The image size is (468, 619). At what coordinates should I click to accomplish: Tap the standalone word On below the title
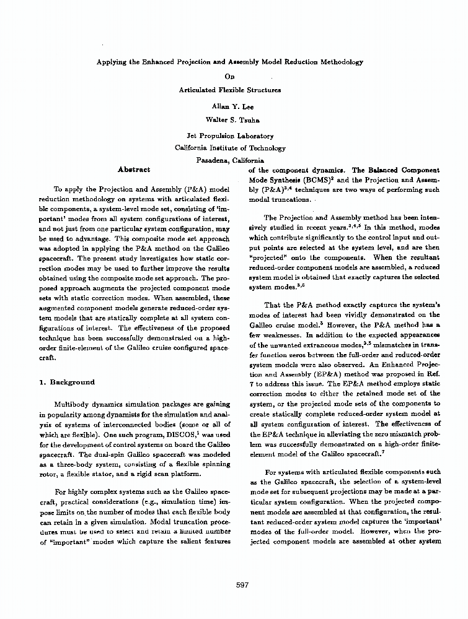(230, 76)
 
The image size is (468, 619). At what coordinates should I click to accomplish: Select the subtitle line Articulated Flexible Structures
(230, 90)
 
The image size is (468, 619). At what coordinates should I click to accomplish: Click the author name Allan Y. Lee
(230, 106)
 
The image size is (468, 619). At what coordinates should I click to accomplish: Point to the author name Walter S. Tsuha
(230, 119)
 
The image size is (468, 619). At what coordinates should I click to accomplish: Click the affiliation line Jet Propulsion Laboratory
(230, 136)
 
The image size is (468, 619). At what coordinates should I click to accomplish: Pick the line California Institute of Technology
(230, 148)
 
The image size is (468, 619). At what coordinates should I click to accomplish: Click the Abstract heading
(133, 169)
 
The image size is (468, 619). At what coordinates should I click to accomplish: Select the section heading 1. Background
(67, 382)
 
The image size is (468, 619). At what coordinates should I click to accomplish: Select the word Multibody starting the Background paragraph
(74, 403)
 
